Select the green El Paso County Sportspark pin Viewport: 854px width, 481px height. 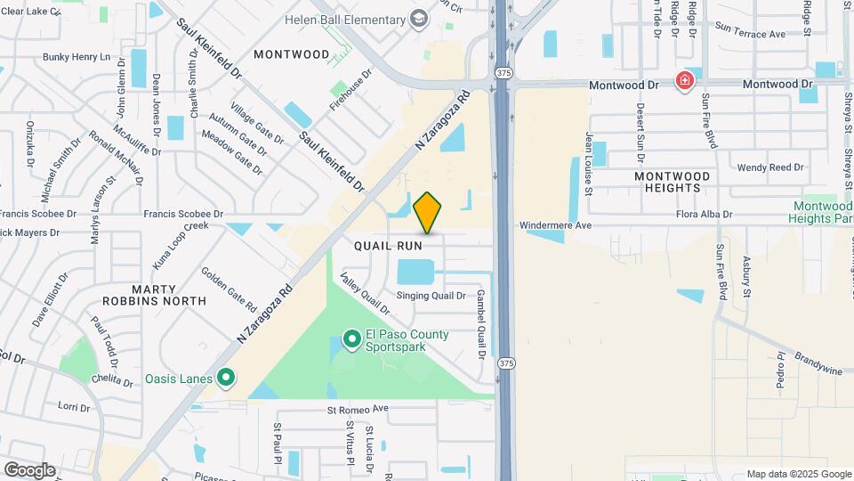[351, 338]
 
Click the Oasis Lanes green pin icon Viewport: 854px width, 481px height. [226, 379]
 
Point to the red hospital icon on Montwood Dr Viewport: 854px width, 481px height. [684, 82]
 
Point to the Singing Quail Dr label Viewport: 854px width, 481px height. [431, 296]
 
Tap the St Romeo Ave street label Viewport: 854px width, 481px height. [359, 409]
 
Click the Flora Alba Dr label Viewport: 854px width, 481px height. [703, 215]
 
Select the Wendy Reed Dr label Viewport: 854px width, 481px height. [770, 167]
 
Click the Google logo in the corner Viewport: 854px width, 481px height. [29, 469]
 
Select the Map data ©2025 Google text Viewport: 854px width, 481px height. [798, 474]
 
